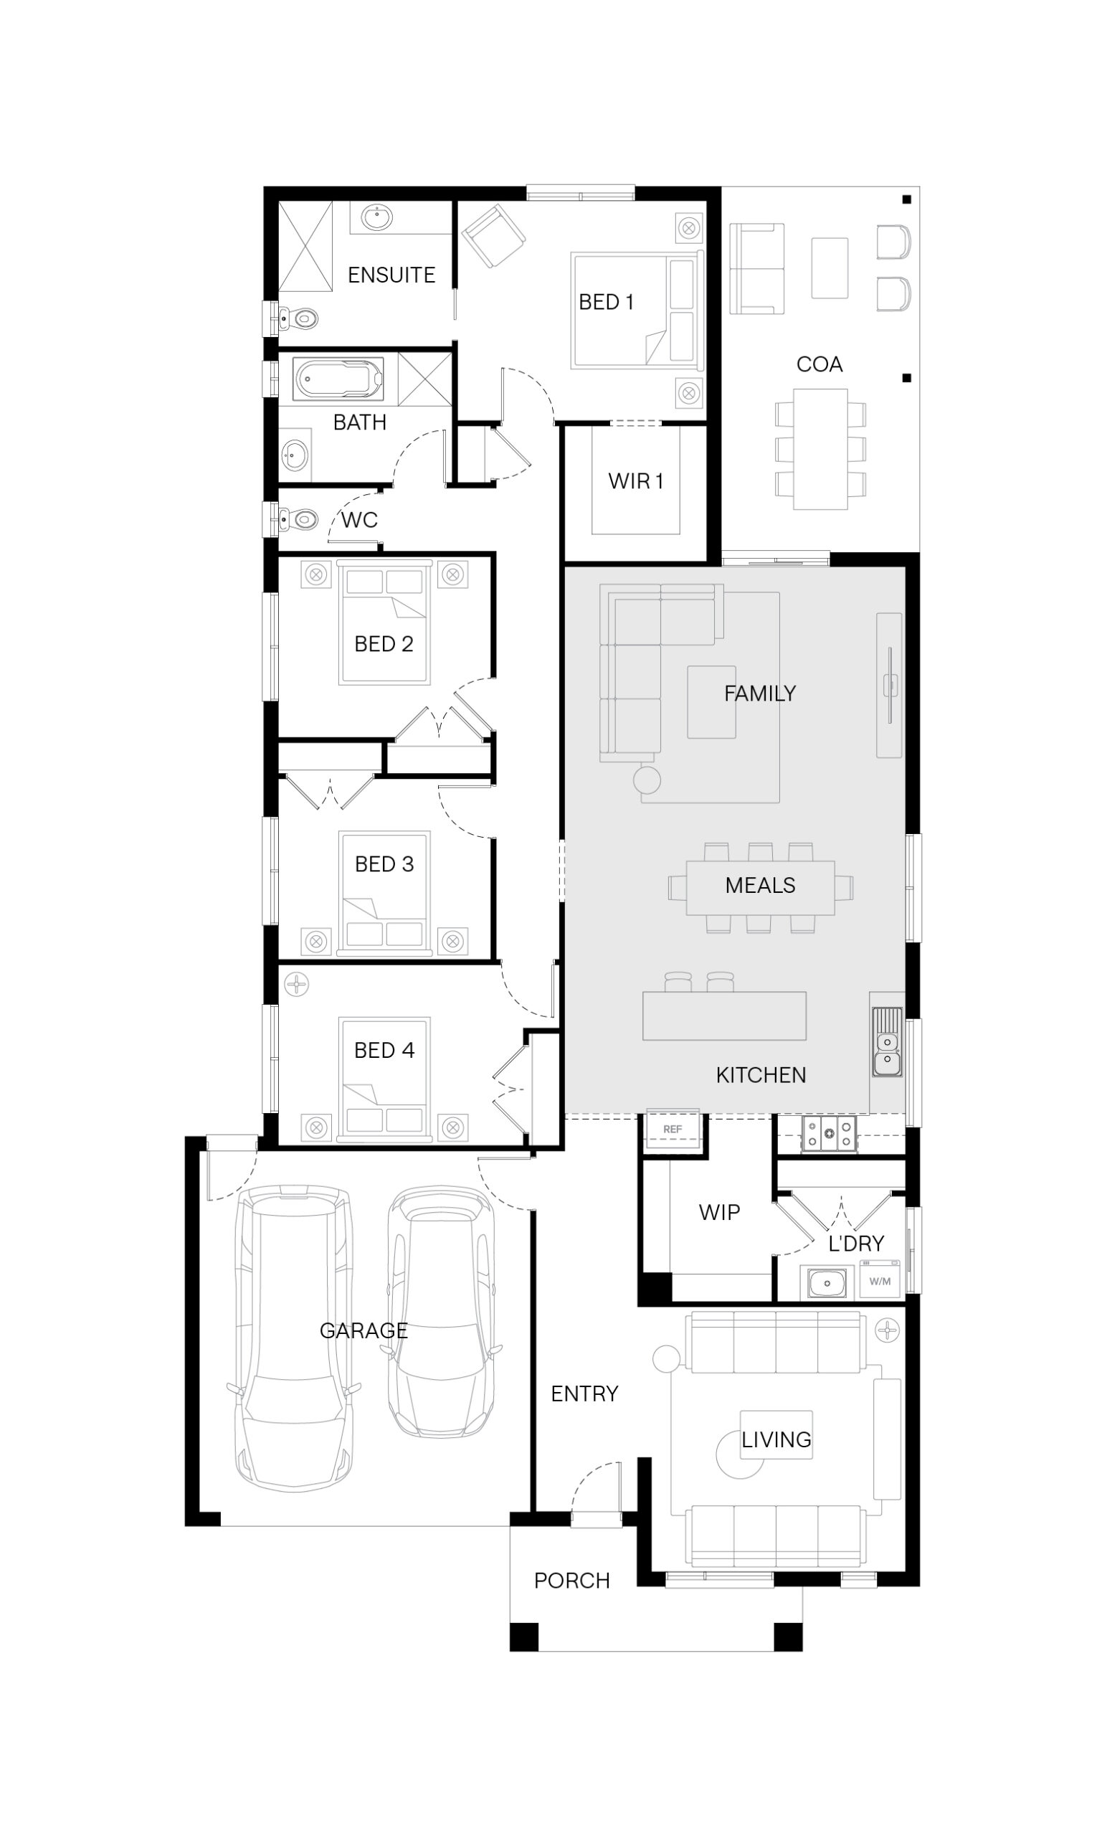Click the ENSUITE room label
pos(391,275)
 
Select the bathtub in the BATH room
pos(339,378)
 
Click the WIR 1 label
pos(635,481)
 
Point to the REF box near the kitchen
pos(673,1130)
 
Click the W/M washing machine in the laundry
pos(880,1281)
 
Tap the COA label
pos(819,364)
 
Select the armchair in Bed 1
pos(493,235)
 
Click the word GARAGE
pos(364,1330)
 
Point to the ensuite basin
pos(377,218)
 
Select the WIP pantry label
pos(720,1212)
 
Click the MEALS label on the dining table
pos(760,885)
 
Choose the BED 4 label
pos(384,1050)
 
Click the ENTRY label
pos(585,1393)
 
